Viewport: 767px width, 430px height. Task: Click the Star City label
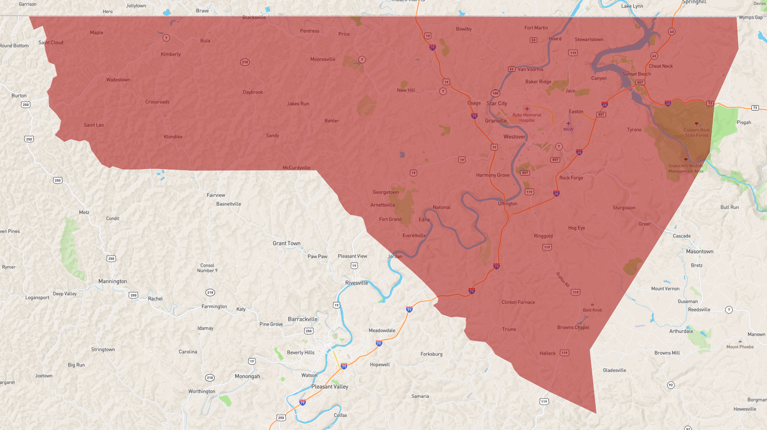496,103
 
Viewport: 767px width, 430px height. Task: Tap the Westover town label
514,137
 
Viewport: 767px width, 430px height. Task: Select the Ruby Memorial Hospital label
527,117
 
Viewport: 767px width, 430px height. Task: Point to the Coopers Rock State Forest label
696,132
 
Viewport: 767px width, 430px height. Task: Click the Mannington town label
113,281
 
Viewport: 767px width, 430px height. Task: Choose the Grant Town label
286,243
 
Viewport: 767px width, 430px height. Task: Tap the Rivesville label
356,283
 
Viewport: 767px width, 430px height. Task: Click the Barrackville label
302,319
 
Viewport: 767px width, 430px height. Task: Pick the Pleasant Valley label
330,387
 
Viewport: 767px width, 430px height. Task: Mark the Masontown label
699,251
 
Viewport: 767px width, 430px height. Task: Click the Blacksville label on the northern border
254,18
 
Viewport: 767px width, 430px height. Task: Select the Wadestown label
118,80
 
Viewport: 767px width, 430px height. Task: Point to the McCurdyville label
296,168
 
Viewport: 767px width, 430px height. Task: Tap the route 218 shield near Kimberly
245,62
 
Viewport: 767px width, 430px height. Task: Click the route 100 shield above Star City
495,93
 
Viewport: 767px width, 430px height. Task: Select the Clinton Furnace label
518,302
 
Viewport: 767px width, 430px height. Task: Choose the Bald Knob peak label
592,310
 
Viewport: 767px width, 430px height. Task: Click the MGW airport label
568,129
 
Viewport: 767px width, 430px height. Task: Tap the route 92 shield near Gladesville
670,385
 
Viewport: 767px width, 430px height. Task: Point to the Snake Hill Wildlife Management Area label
686,168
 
